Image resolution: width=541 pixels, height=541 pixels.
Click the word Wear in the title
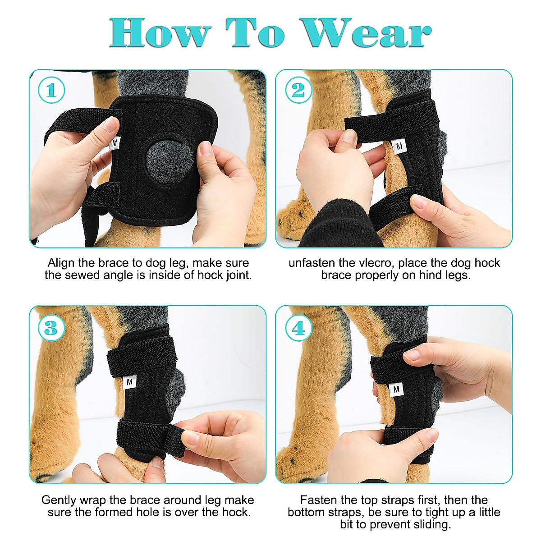point(366,33)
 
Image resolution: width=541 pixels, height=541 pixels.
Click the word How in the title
point(160,33)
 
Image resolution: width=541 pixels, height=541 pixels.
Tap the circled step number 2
point(298,91)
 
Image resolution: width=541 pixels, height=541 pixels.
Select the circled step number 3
point(51,328)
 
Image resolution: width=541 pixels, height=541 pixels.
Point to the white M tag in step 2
point(399,147)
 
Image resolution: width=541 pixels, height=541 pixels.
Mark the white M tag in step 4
point(396,389)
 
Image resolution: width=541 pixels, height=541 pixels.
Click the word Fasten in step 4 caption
point(318,500)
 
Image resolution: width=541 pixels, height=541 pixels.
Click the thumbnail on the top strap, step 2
point(348,136)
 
